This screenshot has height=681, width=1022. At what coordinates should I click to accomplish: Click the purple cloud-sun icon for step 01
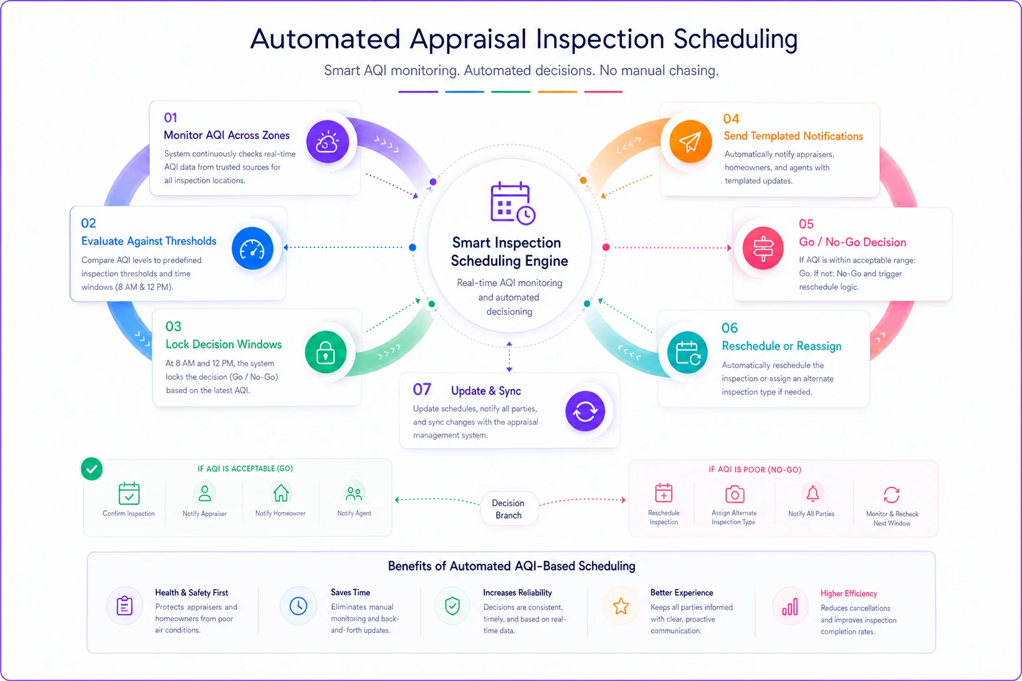[327, 142]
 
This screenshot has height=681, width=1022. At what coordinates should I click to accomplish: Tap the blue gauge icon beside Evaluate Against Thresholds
[252, 249]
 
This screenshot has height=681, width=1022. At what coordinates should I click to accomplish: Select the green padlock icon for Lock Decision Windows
[325, 352]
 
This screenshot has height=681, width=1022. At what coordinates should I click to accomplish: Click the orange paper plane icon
[690, 142]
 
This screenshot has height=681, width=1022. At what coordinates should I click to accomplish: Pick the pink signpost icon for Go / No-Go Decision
[763, 249]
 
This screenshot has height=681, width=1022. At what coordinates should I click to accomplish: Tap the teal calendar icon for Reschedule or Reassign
[687, 352]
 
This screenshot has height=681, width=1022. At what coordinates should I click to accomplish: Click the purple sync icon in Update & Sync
[586, 411]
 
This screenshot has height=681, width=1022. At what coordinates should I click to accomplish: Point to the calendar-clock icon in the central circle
[512, 203]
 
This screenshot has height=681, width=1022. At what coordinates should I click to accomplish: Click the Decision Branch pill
[509, 509]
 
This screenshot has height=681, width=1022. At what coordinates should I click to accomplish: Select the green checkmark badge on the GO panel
[92, 469]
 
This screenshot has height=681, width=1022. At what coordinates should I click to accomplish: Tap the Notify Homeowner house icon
[281, 493]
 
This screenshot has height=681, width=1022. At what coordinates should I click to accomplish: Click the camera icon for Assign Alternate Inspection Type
[735, 494]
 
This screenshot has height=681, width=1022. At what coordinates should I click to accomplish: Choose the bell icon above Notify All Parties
[812, 493]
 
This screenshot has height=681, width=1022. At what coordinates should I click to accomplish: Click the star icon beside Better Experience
[621, 607]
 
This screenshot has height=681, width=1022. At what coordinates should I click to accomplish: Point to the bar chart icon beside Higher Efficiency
[790, 607]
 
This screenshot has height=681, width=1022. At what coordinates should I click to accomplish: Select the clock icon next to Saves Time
[298, 606]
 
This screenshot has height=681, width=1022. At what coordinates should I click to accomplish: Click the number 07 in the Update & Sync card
[422, 390]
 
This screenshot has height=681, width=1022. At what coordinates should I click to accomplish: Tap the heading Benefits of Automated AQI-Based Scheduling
[512, 566]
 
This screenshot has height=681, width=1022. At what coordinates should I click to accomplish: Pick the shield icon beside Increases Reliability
[452, 607]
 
